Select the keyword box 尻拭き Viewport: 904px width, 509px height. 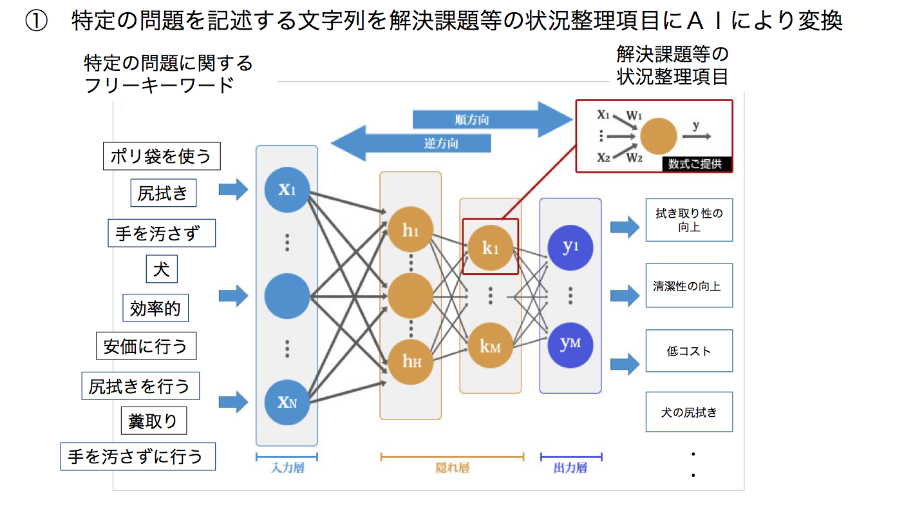click(x=163, y=193)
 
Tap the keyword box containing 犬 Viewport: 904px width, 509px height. click(x=161, y=269)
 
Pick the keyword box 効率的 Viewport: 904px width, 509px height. click(x=155, y=309)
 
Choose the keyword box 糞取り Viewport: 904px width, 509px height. click(x=153, y=421)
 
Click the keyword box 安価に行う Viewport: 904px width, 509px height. click(x=146, y=347)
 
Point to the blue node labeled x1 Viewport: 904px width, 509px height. click(x=287, y=188)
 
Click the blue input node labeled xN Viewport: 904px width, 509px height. click(x=287, y=402)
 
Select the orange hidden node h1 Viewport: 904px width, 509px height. click(x=410, y=230)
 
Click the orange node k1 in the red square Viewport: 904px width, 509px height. click(x=490, y=247)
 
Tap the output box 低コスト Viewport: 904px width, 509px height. click(x=689, y=351)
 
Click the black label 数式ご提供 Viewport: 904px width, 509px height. click(x=695, y=164)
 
